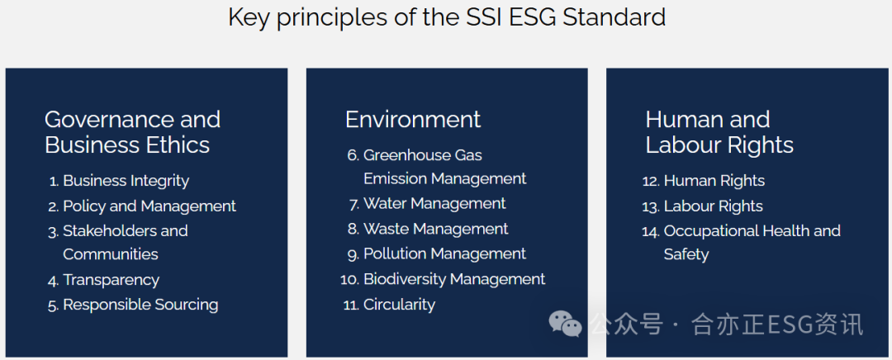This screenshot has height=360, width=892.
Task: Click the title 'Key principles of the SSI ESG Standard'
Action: tap(447, 17)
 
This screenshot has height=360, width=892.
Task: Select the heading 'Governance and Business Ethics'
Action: tap(132, 132)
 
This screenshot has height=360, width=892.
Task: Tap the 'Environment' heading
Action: tap(412, 120)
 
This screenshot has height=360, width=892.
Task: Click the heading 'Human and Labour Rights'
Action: tap(719, 132)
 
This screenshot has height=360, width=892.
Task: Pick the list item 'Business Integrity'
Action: tap(126, 181)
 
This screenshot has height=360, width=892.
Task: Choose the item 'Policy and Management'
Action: tap(149, 206)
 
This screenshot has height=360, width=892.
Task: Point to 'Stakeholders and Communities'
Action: tap(125, 242)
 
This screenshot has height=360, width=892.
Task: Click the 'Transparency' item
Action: tap(111, 280)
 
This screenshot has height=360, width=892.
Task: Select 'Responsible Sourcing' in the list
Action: tap(140, 305)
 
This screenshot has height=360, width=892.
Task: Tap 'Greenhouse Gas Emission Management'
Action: tap(444, 167)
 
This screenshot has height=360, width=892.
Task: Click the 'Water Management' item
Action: tap(434, 204)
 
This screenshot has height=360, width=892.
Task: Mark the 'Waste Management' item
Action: tap(435, 229)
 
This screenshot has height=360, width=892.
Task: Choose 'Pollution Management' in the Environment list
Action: tap(444, 254)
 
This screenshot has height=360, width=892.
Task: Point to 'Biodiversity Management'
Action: tap(454, 279)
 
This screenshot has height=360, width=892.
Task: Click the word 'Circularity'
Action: tap(399, 305)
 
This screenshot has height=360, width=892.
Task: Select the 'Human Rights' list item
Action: tap(714, 181)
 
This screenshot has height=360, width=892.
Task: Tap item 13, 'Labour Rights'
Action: tap(713, 206)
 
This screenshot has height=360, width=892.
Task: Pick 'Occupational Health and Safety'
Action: tap(752, 242)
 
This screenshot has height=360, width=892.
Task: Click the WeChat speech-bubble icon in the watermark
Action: tap(566, 324)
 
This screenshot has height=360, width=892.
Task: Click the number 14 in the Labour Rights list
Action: tap(650, 231)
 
